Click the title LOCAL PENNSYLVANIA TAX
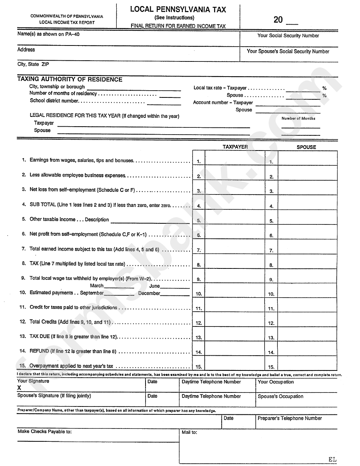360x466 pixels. (x=178, y=9)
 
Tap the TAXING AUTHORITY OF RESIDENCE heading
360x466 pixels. (x=70, y=80)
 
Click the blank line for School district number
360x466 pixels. (x=164, y=103)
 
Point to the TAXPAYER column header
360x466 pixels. (x=235, y=147)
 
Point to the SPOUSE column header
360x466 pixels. (x=306, y=147)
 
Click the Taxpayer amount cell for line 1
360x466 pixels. (x=235, y=158)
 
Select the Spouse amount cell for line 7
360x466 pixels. (x=307, y=247)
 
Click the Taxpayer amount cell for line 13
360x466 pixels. (x=235, y=334)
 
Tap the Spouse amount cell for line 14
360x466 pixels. (x=307, y=349)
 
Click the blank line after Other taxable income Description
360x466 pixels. (x=150, y=221)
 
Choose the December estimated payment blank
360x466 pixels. (x=175, y=294)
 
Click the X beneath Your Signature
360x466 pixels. (x=19, y=388)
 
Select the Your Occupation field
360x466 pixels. (x=296, y=386)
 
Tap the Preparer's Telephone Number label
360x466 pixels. (x=290, y=418)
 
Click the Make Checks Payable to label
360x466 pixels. (x=45, y=431)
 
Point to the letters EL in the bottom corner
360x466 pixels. (x=332, y=459)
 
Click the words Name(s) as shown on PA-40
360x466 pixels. (x=49, y=34)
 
